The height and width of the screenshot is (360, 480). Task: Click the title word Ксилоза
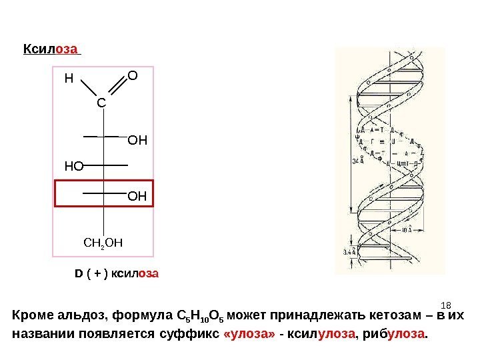[x=51, y=49]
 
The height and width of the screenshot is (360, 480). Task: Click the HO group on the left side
[x=74, y=167]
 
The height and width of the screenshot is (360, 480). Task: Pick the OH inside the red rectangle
[x=137, y=197]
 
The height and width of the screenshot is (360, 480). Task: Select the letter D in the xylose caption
[x=77, y=274]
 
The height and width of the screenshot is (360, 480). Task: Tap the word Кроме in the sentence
[x=30, y=315]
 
